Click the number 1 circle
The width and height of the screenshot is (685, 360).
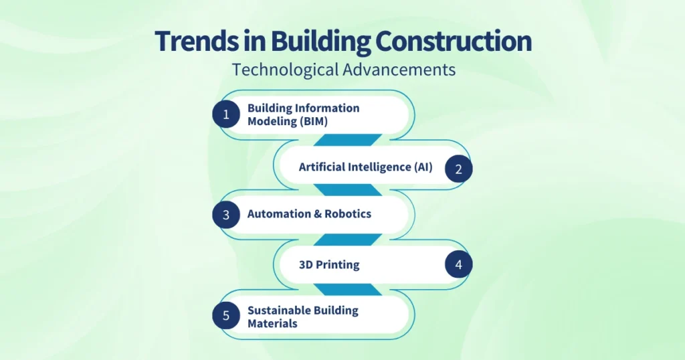click(x=226, y=114)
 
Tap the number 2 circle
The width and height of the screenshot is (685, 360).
click(x=459, y=169)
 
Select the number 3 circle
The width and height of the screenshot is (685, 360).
click(x=226, y=215)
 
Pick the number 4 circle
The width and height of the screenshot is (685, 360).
click(x=459, y=265)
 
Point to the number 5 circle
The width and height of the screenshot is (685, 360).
click(x=226, y=316)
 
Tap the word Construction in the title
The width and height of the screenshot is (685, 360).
click(x=453, y=41)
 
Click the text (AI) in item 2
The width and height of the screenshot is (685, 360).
click(x=423, y=167)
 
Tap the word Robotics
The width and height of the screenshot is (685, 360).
click(x=348, y=214)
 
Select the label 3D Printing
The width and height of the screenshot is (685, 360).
click(x=329, y=264)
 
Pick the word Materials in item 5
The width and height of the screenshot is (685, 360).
click(x=272, y=323)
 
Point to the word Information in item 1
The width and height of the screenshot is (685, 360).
click(x=328, y=108)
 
